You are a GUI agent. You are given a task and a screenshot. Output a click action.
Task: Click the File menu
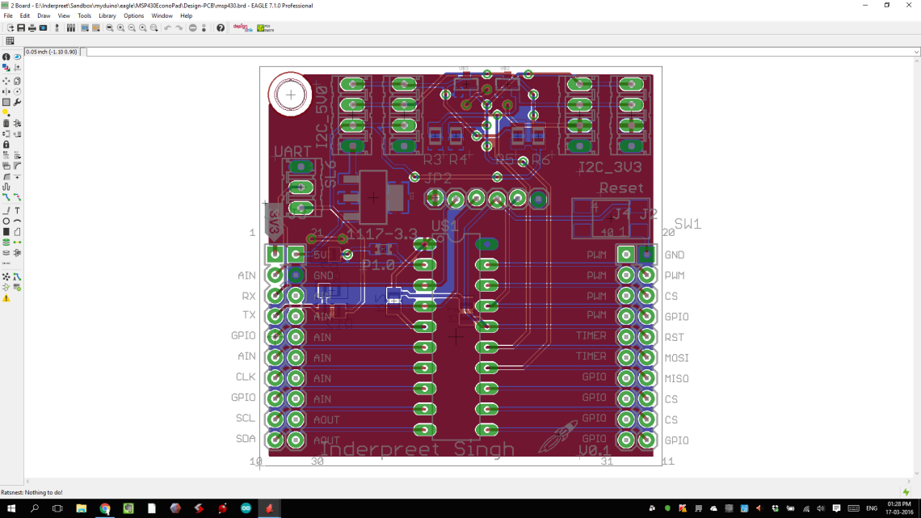click(8, 15)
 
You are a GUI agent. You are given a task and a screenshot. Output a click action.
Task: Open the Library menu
click(107, 15)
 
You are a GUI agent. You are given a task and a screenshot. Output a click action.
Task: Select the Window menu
click(162, 15)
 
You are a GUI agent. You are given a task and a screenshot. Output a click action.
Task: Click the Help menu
click(187, 15)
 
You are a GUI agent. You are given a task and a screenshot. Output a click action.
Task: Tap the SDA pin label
click(246, 439)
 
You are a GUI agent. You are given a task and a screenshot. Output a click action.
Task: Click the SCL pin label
click(246, 419)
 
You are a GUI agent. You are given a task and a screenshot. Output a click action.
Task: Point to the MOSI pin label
click(676, 358)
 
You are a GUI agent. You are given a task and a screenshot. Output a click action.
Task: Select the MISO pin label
click(676, 379)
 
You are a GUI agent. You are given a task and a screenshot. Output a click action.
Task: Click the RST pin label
click(674, 338)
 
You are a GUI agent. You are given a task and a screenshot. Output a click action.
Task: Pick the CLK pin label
click(246, 377)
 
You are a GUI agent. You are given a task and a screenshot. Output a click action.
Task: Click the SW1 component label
click(688, 224)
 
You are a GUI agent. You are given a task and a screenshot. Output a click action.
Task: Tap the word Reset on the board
click(621, 188)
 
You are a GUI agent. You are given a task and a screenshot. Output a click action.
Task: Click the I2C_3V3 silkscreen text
click(612, 168)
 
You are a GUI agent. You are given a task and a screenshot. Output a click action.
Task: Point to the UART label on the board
click(292, 152)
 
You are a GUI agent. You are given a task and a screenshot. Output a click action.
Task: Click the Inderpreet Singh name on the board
click(417, 449)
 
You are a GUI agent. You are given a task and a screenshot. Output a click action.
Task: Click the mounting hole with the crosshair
click(290, 95)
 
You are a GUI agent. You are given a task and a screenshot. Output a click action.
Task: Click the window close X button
click(909, 6)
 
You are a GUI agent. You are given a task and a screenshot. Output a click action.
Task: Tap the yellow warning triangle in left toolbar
click(6, 298)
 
